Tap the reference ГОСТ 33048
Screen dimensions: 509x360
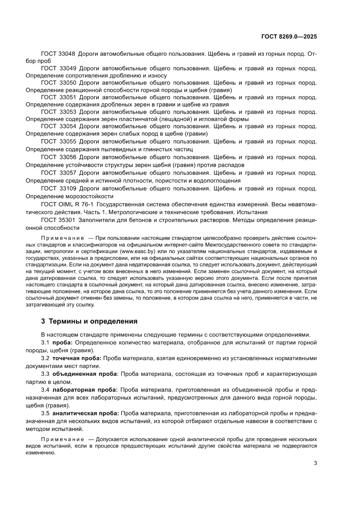58,54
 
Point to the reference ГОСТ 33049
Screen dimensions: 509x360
58,68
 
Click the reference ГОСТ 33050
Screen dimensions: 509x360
58,82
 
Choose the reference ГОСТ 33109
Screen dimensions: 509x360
58,189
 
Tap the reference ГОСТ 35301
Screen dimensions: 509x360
58,220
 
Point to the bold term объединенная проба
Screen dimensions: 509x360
84,374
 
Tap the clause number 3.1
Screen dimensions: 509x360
45,342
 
